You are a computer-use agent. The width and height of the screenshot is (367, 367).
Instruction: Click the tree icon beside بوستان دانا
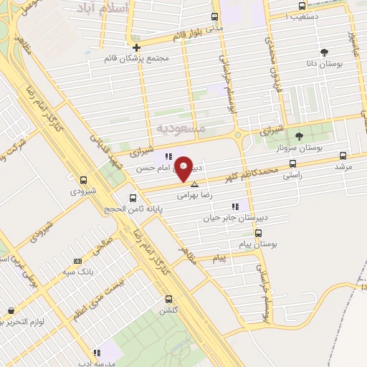[325, 52]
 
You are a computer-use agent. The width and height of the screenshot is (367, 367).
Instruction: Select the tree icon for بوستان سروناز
[299, 136]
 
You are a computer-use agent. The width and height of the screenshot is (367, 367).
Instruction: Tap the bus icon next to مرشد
[343, 155]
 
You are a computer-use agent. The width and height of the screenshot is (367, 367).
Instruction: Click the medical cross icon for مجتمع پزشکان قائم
[136, 48]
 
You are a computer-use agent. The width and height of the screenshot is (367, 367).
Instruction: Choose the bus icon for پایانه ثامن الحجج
[133, 198]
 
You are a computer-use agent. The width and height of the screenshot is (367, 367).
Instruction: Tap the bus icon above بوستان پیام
[258, 233]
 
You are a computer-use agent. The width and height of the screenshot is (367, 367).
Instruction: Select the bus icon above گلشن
[168, 299]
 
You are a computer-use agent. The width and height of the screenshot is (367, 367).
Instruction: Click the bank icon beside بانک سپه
[77, 261]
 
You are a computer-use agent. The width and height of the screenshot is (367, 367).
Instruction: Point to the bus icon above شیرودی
[84, 180]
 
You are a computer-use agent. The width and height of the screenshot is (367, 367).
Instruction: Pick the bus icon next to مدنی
[214, 16]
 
